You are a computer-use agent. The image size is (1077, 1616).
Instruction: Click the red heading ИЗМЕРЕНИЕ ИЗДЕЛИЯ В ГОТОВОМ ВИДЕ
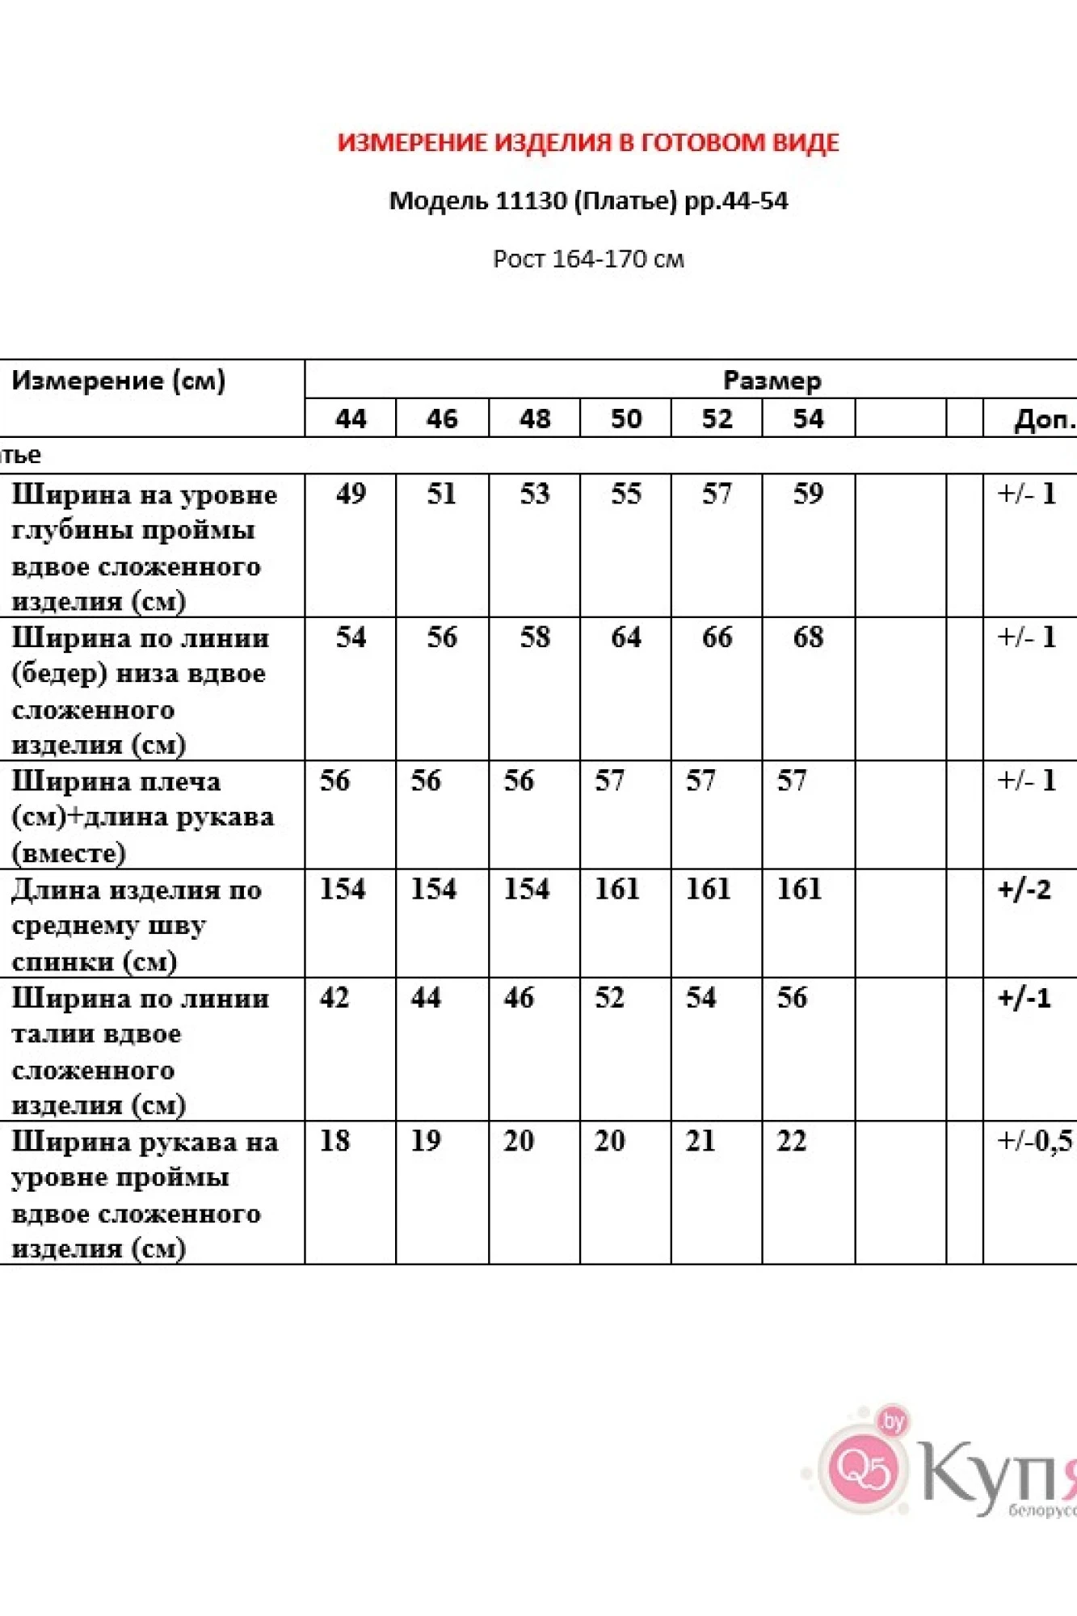point(587,143)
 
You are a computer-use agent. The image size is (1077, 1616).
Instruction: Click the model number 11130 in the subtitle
point(531,200)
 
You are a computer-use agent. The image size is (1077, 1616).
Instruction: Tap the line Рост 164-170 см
point(588,259)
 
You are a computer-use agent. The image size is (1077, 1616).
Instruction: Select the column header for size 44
point(351,419)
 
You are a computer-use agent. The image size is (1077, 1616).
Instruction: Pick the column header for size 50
point(625,419)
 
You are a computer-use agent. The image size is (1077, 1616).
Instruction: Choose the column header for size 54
point(808,419)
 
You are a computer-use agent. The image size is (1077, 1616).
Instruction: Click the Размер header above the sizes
point(772,380)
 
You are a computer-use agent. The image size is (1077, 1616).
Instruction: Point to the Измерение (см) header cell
point(118,381)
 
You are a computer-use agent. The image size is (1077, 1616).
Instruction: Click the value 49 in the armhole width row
point(351,494)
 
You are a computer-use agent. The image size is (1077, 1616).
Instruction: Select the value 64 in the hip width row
point(625,638)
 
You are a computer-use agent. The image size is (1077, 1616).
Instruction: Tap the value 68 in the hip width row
point(808,638)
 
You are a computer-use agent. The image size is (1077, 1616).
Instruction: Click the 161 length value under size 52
point(708,889)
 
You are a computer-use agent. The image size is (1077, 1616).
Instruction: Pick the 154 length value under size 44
point(343,889)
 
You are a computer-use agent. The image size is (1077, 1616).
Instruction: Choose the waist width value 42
point(334,998)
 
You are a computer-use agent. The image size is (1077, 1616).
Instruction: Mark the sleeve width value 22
point(792,1141)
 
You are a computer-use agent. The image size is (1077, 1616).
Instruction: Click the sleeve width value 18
point(334,1141)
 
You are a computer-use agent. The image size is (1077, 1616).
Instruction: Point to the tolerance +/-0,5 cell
point(1034,1141)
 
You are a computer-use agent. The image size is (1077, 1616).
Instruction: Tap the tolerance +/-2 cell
point(1024,889)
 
